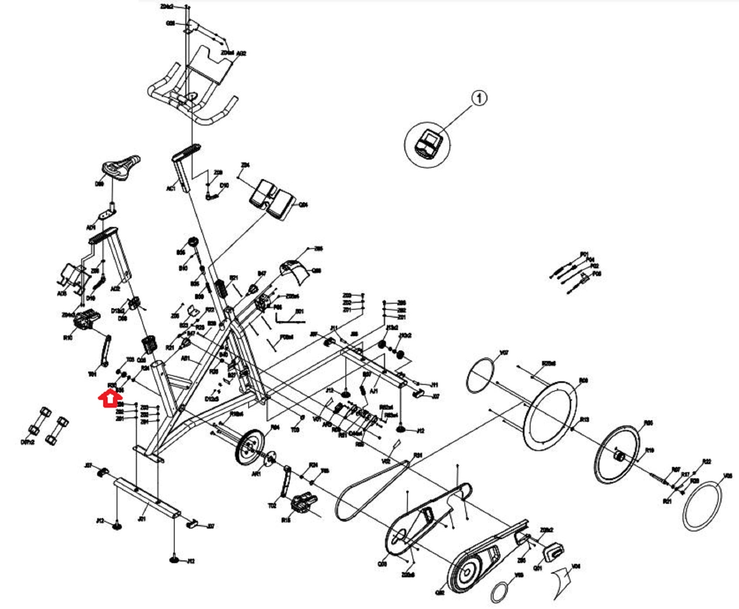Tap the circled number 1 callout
479,98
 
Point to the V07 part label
504,353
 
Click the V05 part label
728,475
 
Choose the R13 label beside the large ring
584,419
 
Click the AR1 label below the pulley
256,474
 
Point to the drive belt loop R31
370,491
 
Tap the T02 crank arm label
272,506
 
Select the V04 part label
576,566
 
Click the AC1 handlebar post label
171,189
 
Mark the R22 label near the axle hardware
706,462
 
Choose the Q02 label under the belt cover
440,593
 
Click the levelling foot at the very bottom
174,560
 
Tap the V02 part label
386,461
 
